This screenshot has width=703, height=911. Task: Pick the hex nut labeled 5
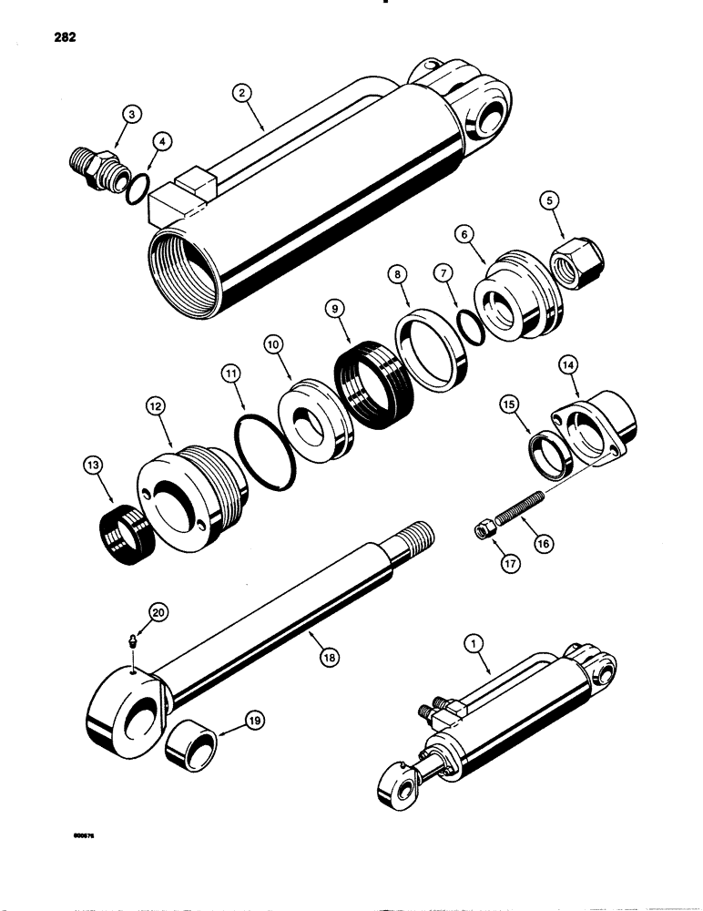click(574, 266)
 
